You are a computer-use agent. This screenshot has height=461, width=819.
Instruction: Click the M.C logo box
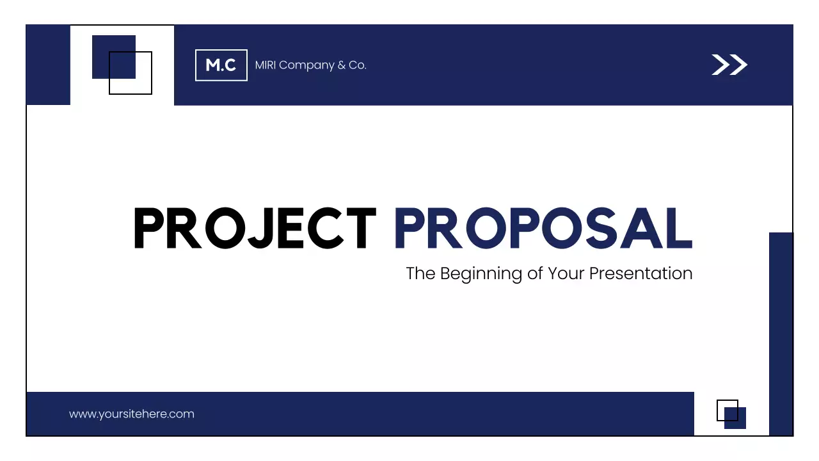(221, 65)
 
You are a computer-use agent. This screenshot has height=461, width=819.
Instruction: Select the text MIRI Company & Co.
(310, 65)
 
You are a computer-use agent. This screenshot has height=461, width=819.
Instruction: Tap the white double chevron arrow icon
(729, 65)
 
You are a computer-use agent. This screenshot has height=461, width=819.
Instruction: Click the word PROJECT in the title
(255, 229)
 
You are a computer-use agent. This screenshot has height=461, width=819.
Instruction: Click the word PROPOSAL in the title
(543, 229)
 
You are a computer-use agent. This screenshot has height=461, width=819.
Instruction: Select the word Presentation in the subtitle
(640, 273)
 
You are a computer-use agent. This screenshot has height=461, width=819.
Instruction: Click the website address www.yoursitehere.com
(131, 414)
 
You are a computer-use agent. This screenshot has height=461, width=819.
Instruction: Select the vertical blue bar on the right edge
(781, 333)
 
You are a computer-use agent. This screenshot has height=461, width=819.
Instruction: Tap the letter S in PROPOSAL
(599, 229)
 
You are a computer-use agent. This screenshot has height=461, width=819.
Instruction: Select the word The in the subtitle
(420, 273)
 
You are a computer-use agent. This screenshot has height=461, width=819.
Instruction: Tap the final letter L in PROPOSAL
(680, 229)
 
